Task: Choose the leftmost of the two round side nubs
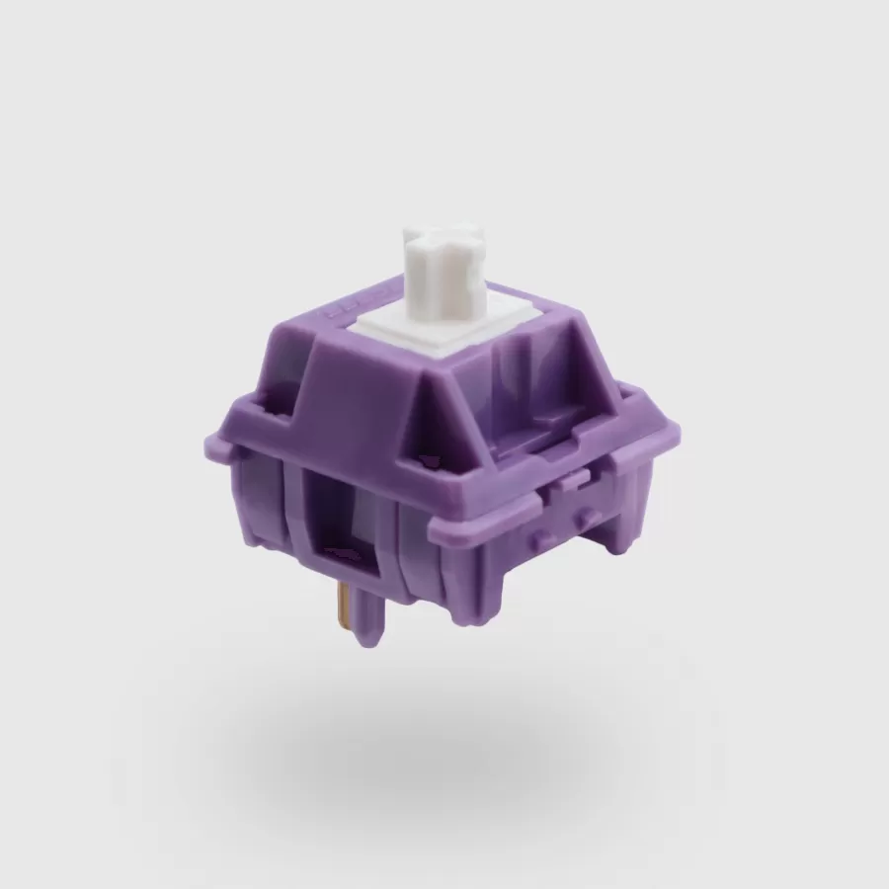click(x=538, y=535)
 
